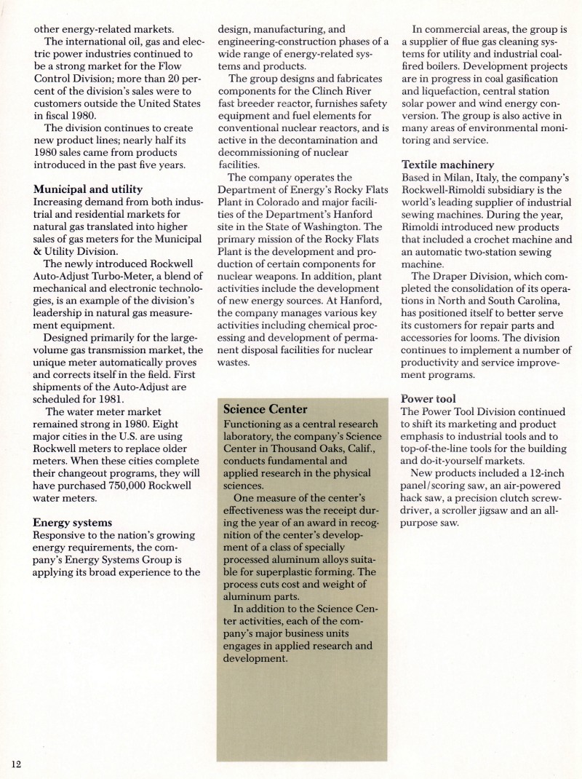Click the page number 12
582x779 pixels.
pyautogui.click(x=17, y=763)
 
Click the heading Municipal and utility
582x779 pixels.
pyautogui.click(x=88, y=189)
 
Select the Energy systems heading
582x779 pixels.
pyautogui.click(x=73, y=522)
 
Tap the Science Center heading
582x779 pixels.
pyautogui.click(x=266, y=409)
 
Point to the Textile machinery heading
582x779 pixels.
pyautogui.click(x=448, y=165)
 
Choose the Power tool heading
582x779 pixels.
pyautogui.click(x=428, y=398)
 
